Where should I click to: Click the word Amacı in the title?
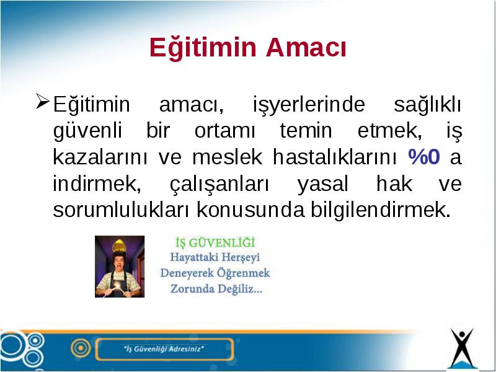click(306, 48)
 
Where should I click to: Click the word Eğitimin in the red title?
click(203, 48)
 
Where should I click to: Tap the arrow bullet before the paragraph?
click(43, 101)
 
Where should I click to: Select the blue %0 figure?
click(424, 156)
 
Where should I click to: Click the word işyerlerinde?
click(309, 104)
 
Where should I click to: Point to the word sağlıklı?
click(428, 104)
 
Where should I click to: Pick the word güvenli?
click(87, 131)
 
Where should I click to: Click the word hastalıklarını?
click(335, 156)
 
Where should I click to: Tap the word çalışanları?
click(219, 184)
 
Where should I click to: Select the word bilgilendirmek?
click(381, 210)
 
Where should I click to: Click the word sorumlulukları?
click(121, 210)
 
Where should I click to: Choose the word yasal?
click(323, 184)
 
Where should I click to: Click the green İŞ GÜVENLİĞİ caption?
click(215, 242)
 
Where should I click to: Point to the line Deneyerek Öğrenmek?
click(215, 273)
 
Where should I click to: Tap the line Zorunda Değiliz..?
click(216, 289)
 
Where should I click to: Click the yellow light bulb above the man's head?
click(119, 246)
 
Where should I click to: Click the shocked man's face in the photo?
click(119, 262)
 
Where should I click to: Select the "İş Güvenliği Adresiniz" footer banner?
click(164, 349)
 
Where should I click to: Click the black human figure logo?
click(462, 348)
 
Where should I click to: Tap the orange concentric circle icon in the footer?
click(81, 348)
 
